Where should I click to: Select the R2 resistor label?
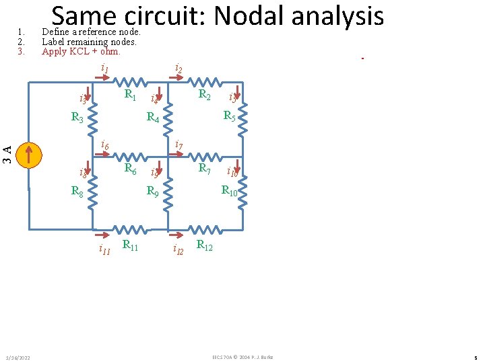point(205,95)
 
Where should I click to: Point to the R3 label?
point(77,118)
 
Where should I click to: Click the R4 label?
point(153,119)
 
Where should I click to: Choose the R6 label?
point(131,169)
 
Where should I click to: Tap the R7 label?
point(205,168)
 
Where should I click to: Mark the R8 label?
point(77,192)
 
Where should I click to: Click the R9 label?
point(153,192)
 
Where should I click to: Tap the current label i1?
point(104,68)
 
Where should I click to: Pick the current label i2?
point(179,68)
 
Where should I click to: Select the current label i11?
point(104,250)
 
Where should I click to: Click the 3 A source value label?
point(7,155)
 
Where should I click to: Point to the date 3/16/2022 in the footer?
point(18,356)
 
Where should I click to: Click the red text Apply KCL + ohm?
point(81,51)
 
